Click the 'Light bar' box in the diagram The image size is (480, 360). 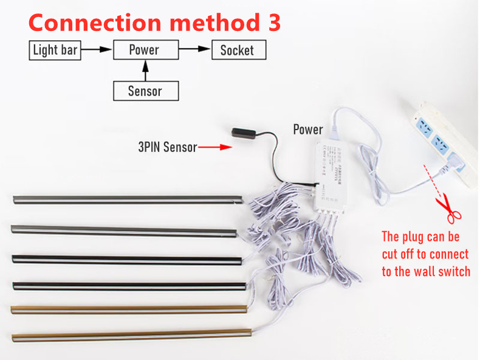55,50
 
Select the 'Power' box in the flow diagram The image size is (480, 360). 146,50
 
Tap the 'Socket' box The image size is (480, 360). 238,50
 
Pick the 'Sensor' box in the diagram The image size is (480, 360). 146,91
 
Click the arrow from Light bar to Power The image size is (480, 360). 97,50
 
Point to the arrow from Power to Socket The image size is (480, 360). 194,50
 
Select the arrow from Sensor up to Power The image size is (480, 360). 145,71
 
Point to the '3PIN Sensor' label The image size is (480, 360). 167,147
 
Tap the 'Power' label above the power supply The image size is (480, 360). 308,129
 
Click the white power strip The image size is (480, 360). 443,142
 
